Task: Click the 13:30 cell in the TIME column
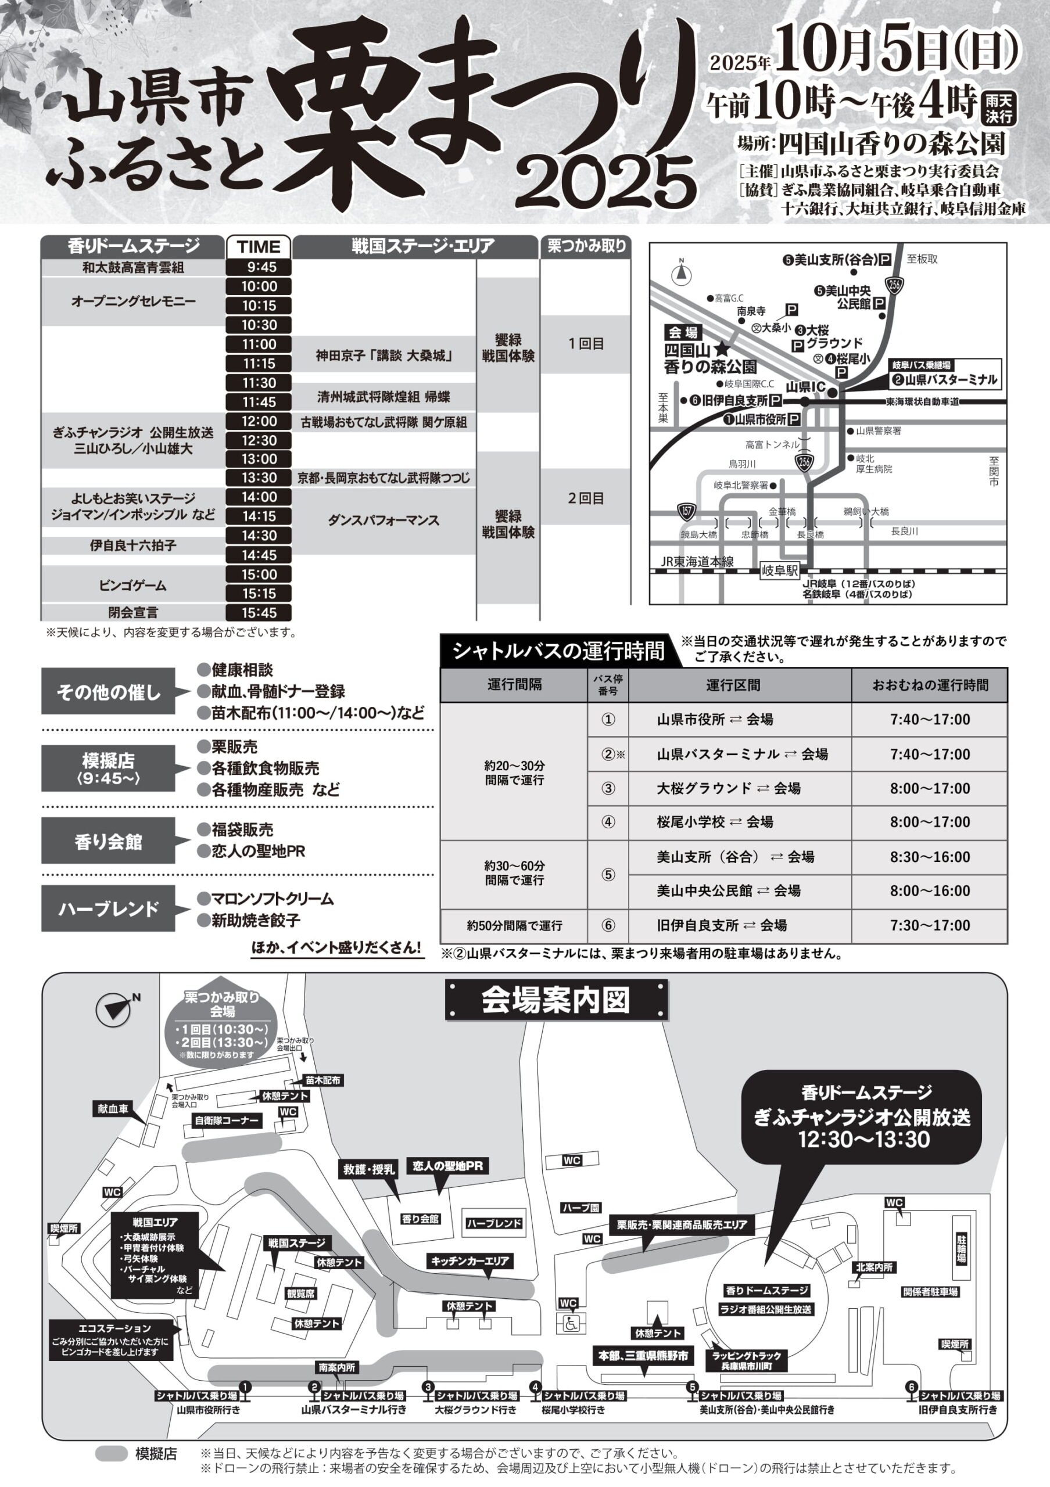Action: coord(259,478)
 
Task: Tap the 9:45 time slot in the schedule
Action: coord(259,267)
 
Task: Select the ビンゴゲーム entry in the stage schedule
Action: coord(133,585)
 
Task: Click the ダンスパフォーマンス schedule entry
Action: coord(384,520)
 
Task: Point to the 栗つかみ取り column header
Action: coord(586,246)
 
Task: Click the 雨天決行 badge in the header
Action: coord(999,107)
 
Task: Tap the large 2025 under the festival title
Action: coord(606,182)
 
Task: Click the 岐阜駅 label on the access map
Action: coord(780,571)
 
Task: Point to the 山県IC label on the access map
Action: coord(805,387)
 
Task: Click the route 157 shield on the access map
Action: coord(687,512)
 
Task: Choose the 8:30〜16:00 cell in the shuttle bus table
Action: coord(930,857)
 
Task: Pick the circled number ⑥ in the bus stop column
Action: coord(608,925)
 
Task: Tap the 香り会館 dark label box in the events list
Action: coord(108,841)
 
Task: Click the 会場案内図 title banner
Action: coord(556,1001)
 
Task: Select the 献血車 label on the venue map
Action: coord(113,1109)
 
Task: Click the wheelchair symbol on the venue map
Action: coord(571,1324)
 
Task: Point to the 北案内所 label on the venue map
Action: coord(874,1267)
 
